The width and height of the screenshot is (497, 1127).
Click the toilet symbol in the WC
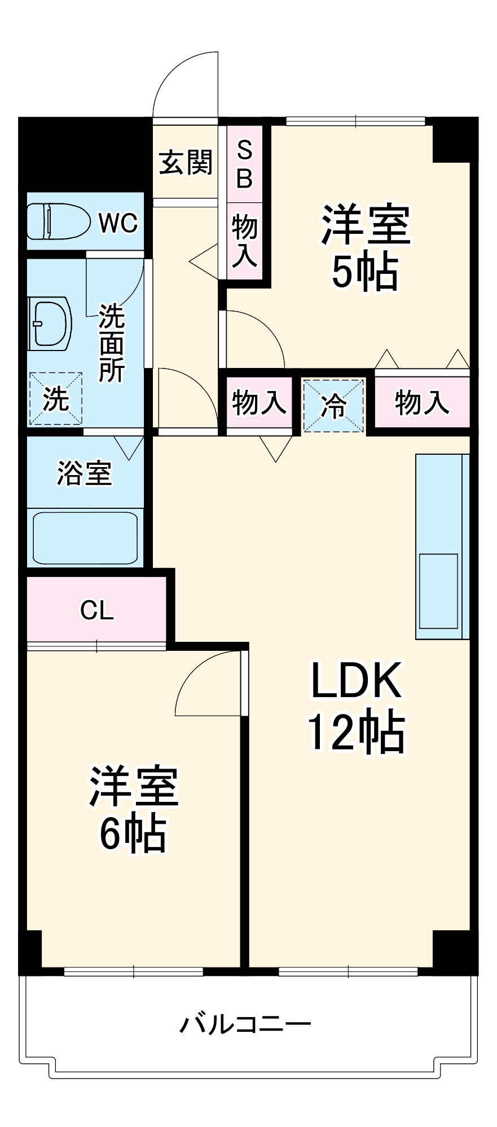(x=58, y=221)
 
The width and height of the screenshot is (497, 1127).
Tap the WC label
(x=118, y=223)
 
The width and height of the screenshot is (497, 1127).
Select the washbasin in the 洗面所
(x=50, y=323)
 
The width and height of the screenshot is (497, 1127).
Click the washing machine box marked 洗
(x=56, y=399)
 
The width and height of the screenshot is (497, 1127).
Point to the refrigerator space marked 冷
(x=333, y=406)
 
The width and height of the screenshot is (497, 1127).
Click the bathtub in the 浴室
(x=85, y=537)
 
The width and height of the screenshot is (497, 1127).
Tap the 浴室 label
(x=85, y=473)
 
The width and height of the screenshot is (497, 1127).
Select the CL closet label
(x=97, y=610)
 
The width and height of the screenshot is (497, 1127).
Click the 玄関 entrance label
(x=186, y=162)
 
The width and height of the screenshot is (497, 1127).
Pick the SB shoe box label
(x=244, y=164)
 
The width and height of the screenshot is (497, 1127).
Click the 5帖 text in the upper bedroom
(x=365, y=273)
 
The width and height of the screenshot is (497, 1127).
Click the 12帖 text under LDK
(x=356, y=733)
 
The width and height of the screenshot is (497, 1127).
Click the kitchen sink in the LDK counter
(x=438, y=591)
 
